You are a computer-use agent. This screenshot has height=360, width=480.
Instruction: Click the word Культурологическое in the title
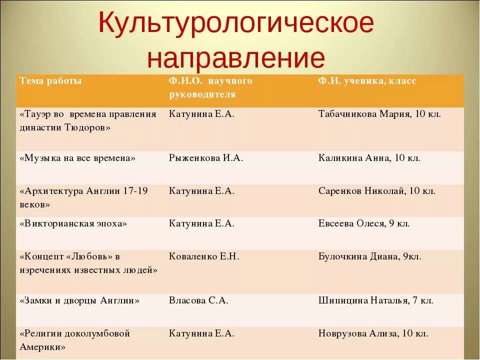tap(236, 24)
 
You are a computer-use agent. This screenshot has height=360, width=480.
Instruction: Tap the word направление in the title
tap(236, 57)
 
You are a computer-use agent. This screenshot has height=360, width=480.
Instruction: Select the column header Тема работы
tap(50, 81)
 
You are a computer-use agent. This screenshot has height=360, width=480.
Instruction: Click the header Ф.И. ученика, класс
tap(367, 81)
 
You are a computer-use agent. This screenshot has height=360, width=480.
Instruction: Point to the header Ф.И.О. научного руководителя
tap(210, 87)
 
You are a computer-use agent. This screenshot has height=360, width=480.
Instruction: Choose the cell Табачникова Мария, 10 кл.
tap(379, 114)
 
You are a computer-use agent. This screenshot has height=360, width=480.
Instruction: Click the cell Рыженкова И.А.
tap(206, 158)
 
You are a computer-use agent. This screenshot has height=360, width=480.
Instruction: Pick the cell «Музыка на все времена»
tap(77, 158)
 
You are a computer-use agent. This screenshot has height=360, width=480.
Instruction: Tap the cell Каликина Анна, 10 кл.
tap(369, 158)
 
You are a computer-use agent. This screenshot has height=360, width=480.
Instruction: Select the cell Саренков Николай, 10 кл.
tap(376, 191)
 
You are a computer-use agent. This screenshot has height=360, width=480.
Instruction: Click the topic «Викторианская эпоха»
tap(73, 223)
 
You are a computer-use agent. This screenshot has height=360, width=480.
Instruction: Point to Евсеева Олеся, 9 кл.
tap(364, 223)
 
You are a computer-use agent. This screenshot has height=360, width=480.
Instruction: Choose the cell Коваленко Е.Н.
tap(204, 256)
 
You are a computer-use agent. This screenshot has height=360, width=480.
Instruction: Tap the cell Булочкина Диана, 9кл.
tap(369, 256)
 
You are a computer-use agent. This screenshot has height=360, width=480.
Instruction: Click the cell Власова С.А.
tap(198, 300)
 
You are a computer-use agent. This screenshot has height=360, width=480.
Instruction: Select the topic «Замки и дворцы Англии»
tap(79, 300)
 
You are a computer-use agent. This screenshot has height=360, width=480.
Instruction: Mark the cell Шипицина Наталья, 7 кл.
tap(375, 300)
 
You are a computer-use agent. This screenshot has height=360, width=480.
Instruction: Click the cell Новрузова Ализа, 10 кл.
tap(373, 333)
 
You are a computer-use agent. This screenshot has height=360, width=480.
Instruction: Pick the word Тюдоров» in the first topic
tap(87, 127)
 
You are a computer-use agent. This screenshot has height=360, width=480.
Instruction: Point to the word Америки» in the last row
tap(42, 346)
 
